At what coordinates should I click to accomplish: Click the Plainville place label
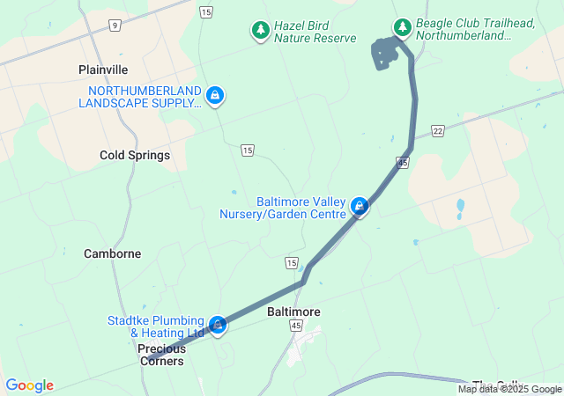103,70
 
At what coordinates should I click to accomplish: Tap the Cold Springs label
135,155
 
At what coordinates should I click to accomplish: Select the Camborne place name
112,253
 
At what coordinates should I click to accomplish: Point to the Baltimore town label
293,312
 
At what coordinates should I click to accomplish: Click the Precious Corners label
161,355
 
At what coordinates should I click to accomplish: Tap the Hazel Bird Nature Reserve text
315,32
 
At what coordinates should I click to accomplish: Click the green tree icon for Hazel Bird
261,31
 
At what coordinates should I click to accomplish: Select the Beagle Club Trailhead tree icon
403,27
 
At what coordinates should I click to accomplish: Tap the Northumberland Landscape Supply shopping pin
215,95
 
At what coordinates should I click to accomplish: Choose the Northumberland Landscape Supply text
140,97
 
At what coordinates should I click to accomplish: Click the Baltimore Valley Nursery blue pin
359,206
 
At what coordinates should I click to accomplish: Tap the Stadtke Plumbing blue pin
218,326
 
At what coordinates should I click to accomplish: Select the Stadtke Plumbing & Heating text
156,326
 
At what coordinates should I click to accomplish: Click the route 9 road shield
115,26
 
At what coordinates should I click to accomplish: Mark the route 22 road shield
438,130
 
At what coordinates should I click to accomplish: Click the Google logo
29,385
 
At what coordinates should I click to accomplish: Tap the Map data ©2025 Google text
509,389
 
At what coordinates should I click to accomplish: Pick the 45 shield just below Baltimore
296,326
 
